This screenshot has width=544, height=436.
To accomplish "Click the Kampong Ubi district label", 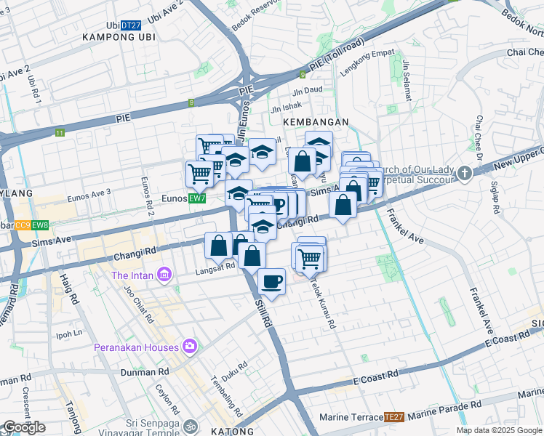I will [x=119, y=37].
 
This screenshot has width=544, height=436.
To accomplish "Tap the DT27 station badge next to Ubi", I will [x=131, y=25].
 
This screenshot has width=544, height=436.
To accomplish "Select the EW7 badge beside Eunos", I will [x=196, y=198].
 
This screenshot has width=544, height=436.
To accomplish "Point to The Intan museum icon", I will [x=165, y=275].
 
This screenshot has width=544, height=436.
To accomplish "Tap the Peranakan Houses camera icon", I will [x=190, y=347].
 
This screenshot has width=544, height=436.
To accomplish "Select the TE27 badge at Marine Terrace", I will [x=393, y=417].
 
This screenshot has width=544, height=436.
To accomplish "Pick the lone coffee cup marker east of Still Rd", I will [x=271, y=281].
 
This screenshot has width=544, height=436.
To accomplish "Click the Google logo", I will [x=24, y=427].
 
